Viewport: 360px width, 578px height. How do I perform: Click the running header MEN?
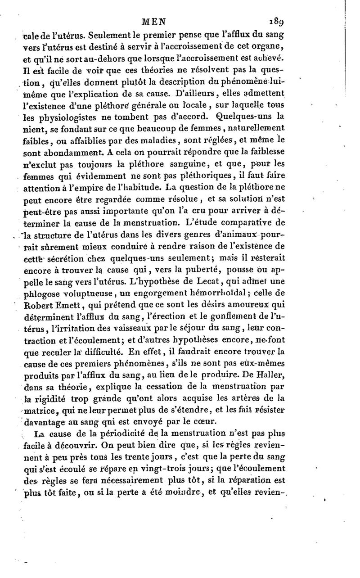coord(154,21)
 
